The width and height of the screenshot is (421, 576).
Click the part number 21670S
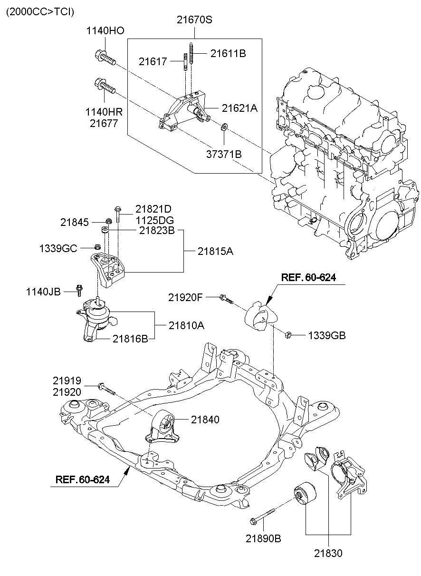pos(195,20)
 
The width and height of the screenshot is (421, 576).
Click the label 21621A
pos(239,108)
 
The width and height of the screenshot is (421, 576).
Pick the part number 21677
pos(105,124)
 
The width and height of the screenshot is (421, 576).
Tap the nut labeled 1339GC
pos(96,247)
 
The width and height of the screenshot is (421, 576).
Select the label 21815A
pos(215,252)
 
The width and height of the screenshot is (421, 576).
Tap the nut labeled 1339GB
pos(287,335)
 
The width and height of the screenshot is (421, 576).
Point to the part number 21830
pos(327,553)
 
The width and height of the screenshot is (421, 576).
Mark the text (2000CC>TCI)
pos(40,12)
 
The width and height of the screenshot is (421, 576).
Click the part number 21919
pos(67,381)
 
